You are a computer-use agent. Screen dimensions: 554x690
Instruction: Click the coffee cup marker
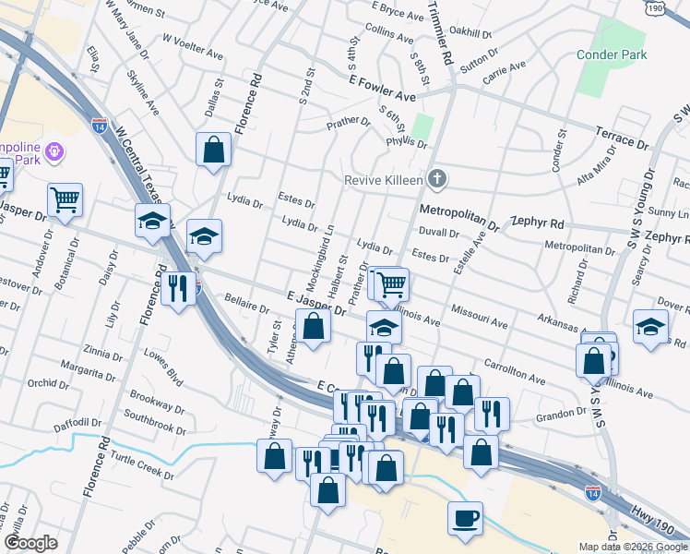[465, 517]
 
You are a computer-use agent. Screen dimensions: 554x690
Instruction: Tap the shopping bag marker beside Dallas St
[213, 150]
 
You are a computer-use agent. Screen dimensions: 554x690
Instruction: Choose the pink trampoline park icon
[54, 150]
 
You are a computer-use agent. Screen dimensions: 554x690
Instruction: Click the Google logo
[30, 543]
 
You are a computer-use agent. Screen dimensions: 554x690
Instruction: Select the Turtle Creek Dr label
[142, 465]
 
